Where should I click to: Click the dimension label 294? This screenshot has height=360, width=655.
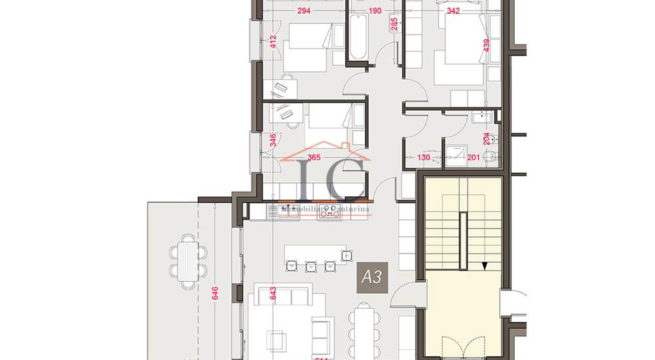click(x=303, y=11)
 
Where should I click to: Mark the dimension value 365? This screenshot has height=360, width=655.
click(x=314, y=157)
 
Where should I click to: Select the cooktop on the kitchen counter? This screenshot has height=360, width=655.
click(x=330, y=211)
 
